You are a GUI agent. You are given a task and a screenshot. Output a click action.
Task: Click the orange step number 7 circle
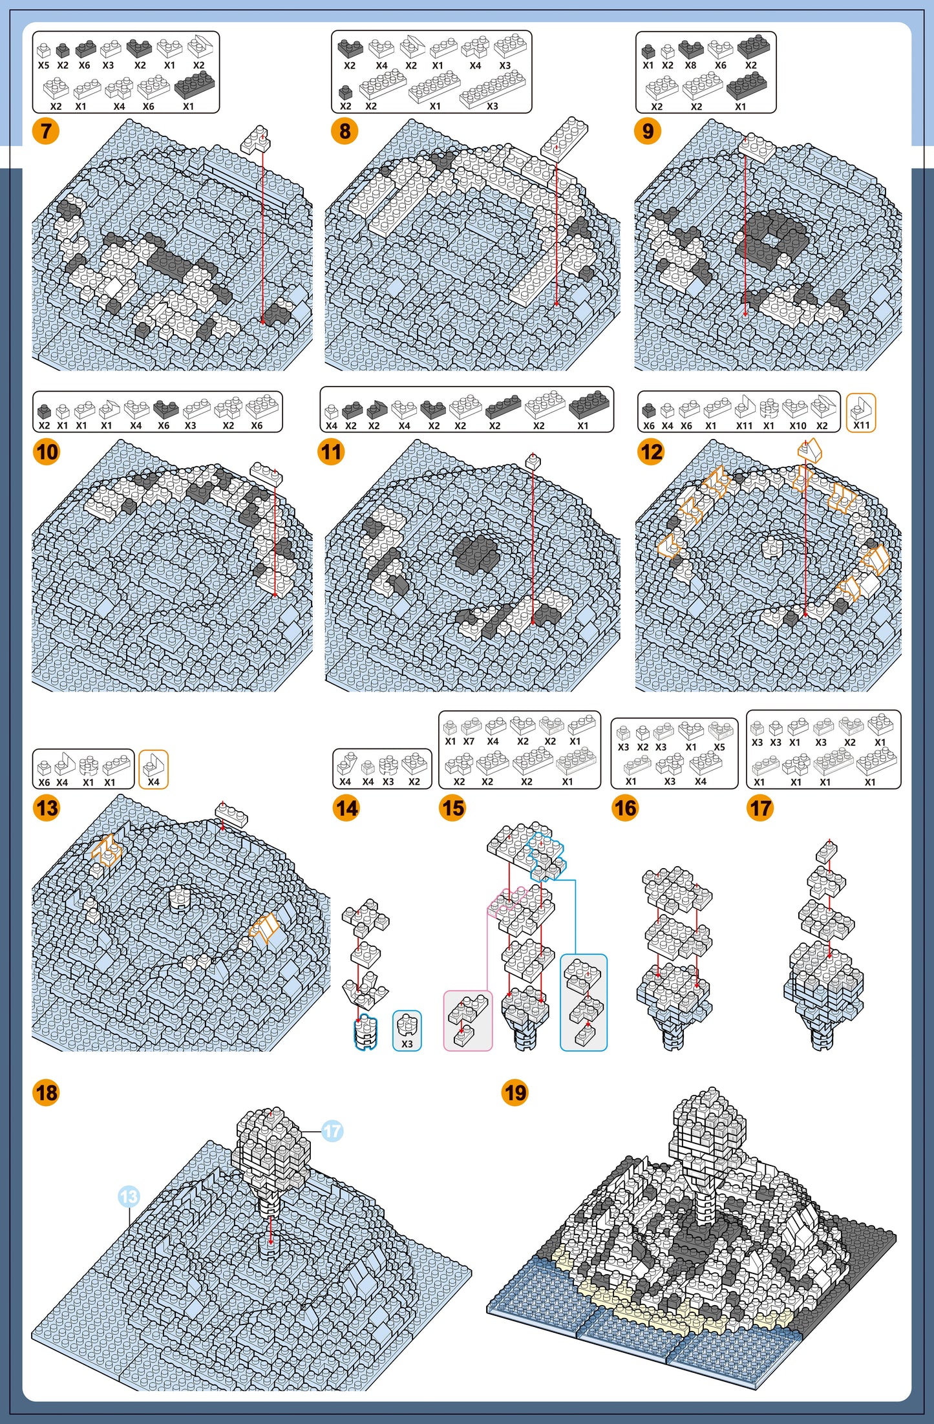46,131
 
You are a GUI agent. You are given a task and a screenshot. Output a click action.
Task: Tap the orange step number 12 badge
651,452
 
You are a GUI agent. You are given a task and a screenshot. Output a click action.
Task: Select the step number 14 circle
346,808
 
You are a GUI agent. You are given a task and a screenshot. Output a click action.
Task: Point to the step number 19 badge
515,1093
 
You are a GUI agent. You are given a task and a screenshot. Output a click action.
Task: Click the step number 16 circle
625,808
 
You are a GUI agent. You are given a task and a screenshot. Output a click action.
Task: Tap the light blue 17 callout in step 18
332,1131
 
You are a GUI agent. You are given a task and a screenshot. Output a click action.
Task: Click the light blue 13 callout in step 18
129,1197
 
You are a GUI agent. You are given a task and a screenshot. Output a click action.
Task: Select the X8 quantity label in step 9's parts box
690,65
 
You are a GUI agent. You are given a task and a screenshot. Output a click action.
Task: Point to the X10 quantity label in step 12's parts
798,426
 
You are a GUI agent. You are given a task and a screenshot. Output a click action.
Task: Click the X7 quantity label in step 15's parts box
469,741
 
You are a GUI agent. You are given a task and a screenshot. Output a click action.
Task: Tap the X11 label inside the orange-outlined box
862,425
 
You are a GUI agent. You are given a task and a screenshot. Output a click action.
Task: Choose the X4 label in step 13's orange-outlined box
153,781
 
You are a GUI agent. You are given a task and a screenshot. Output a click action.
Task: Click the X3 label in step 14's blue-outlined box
407,1043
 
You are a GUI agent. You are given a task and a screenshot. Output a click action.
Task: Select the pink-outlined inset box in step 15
468,1021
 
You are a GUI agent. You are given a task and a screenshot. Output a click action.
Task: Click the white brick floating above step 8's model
564,140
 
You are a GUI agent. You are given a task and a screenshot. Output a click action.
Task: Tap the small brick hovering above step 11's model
533,462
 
